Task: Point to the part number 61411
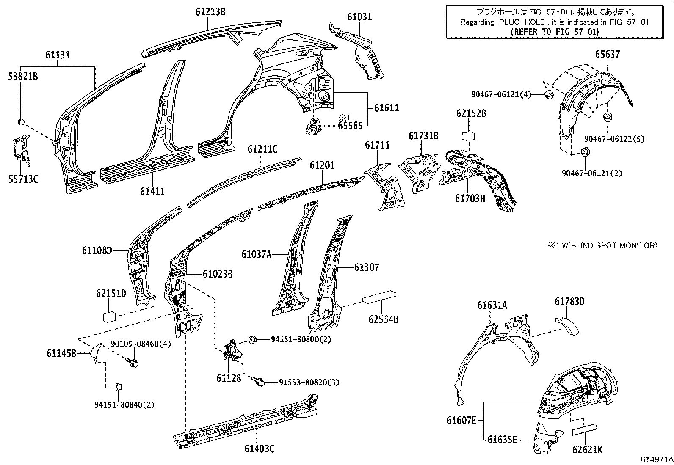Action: click(x=152, y=192)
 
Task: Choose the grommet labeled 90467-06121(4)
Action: click(x=548, y=94)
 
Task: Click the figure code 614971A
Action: click(x=656, y=459)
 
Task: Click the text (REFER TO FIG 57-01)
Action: click(x=555, y=31)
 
